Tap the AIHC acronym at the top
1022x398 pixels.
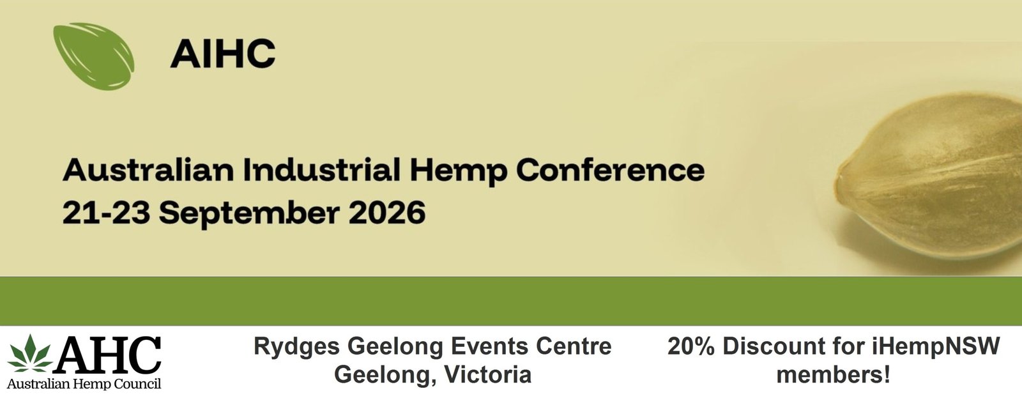223,54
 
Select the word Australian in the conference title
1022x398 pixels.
148,169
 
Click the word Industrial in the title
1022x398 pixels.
322,169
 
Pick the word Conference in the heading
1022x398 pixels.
611,169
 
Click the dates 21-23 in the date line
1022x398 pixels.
106,213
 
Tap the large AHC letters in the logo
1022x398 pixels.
109,355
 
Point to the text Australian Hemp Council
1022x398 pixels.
84,383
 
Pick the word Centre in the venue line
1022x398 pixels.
574,346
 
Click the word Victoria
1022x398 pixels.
488,375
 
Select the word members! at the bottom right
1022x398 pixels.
833,375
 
